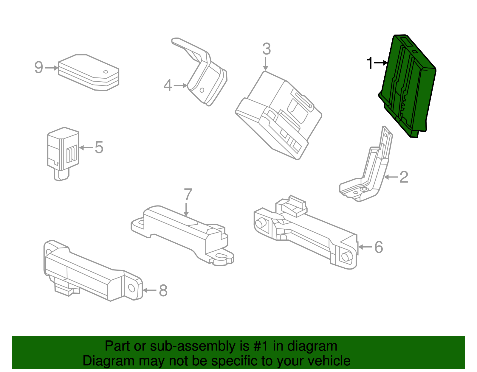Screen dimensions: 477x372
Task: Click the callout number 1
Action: coord(370,63)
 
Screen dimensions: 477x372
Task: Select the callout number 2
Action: coord(404,177)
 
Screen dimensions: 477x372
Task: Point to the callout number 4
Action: coord(168,85)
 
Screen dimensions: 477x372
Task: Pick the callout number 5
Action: coord(99,147)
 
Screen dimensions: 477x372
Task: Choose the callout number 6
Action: coord(379,247)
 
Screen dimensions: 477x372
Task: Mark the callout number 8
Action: coord(163,290)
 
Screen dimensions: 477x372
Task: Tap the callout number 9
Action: coord(39,67)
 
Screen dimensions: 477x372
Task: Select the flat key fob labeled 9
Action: coord(89,73)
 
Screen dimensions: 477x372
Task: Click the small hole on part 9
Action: coord(106,72)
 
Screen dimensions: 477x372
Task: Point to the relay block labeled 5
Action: coord(63,154)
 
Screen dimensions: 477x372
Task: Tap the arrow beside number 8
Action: coord(149,290)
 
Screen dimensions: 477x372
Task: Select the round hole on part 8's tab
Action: coord(131,288)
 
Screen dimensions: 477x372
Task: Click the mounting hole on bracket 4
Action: coord(202,90)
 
